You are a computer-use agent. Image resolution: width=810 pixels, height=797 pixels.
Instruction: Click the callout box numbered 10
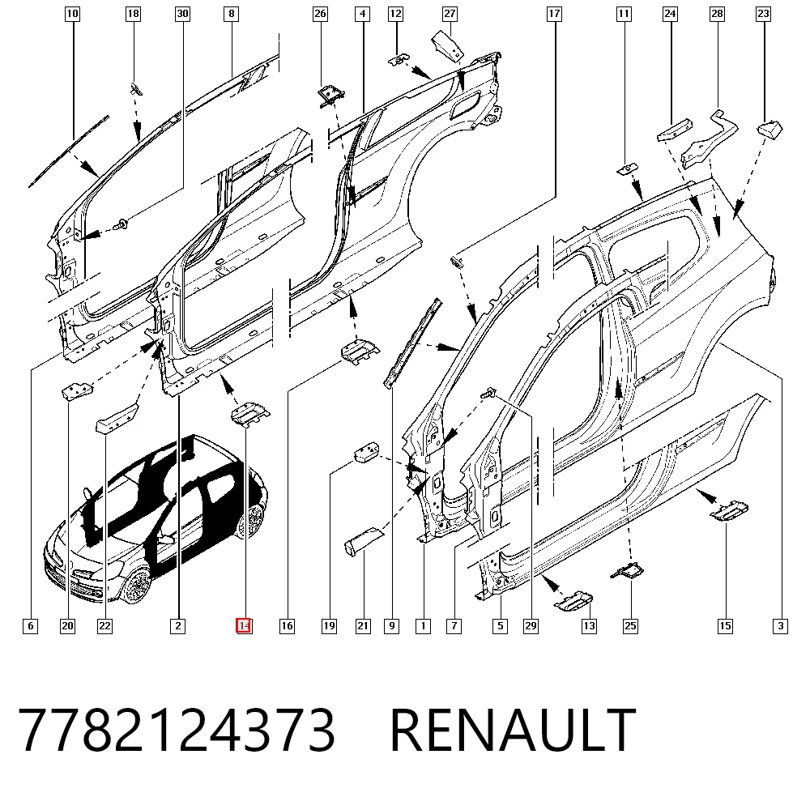click(x=72, y=14)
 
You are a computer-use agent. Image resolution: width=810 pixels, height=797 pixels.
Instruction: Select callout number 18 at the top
click(x=134, y=14)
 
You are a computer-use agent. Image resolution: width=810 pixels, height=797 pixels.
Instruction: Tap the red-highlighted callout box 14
click(x=244, y=625)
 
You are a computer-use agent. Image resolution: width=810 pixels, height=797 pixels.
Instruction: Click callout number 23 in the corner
click(x=764, y=14)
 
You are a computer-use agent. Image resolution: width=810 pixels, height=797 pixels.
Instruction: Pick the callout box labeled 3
click(x=781, y=626)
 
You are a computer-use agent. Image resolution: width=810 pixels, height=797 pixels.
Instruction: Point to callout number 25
click(x=630, y=626)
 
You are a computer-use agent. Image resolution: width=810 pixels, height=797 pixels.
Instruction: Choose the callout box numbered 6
click(x=31, y=626)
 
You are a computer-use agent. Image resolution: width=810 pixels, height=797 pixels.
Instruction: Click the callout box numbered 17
click(x=554, y=14)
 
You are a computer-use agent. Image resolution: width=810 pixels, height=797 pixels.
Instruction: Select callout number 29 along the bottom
click(x=531, y=626)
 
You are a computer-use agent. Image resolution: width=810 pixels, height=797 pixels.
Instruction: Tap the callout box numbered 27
click(x=450, y=14)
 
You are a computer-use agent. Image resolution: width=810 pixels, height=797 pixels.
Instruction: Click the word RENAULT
click(x=513, y=730)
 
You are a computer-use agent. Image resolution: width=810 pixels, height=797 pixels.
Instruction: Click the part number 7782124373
click(x=177, y=730)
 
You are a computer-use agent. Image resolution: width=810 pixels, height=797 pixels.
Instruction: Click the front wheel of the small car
click(x=137, y=586)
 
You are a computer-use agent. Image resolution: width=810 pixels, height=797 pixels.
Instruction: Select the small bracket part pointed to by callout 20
click(x=77, y=390)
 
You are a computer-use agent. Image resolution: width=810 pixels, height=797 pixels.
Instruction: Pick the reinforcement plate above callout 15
click(x=729, y=510)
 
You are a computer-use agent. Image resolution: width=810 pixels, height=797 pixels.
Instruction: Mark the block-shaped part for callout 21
click(x=364, y=541)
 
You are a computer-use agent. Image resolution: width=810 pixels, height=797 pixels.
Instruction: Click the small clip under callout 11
click(x=628, y=169)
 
